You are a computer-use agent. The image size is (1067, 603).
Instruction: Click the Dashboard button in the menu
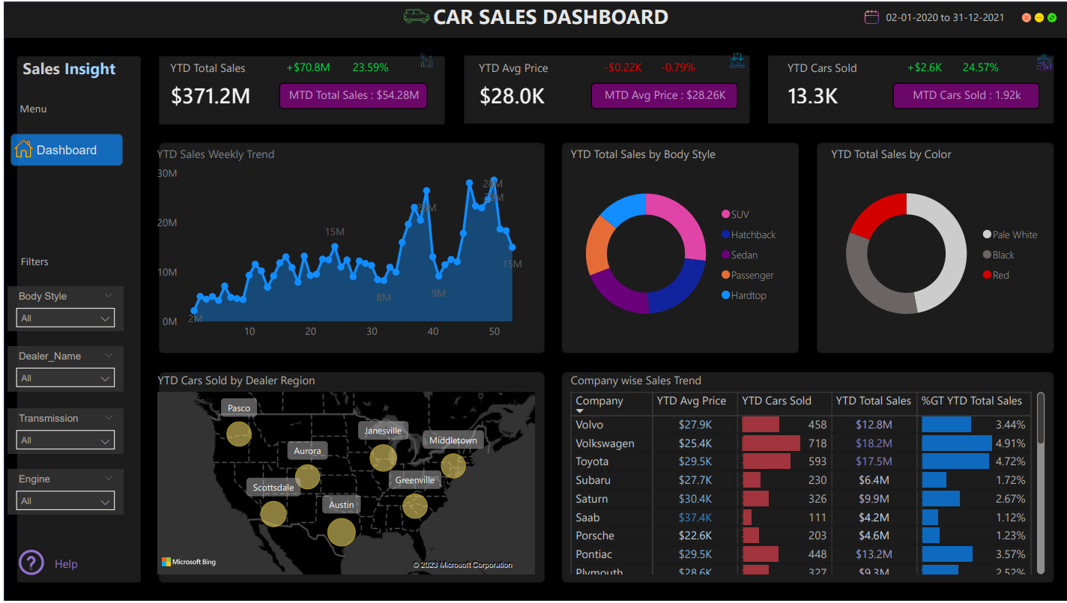(66, 150)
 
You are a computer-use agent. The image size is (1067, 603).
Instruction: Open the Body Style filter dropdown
(65, 318)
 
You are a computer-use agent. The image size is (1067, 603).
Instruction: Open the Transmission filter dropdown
(65, 440)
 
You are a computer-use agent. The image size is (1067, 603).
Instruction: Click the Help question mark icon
(31, 563)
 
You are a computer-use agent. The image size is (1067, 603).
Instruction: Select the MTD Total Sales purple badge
(354, 96)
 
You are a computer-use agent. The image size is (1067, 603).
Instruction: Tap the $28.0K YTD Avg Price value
(513, 96)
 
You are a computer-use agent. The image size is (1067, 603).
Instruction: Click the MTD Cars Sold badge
(966, 96)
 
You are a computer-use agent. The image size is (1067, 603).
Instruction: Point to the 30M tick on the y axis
(167, 173)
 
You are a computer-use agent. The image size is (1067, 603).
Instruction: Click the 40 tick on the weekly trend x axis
(432, 332)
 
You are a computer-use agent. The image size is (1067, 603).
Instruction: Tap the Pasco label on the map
(238, 408)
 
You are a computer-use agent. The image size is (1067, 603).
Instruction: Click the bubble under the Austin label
(342, 532)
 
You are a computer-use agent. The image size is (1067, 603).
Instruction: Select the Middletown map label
(453, 440)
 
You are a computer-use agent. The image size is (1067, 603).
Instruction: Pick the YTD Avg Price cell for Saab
(695, 517)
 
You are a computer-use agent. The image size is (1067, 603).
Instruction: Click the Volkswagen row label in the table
(605, 443)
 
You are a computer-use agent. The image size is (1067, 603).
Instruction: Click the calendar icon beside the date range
(871, 17)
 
